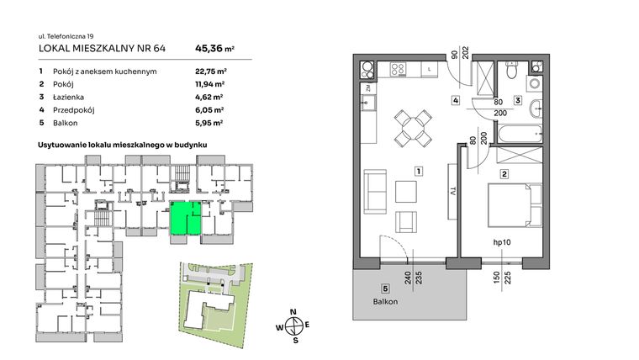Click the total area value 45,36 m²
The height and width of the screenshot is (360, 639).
pyautogui.click(x=214, y=49)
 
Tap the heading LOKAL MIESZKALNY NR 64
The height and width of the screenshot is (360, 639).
pyautogui.click(x=103, y=49)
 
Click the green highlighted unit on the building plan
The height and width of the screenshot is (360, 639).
pyautogui.click(x=185, y=219)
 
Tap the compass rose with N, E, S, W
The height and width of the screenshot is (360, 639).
pyautogui.click(x=292, y=325)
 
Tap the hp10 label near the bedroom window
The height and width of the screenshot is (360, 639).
pyautogui.click(x=504, y=243)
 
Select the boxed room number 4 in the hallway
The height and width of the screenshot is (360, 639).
pyautogui.click(x=455, y=102)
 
